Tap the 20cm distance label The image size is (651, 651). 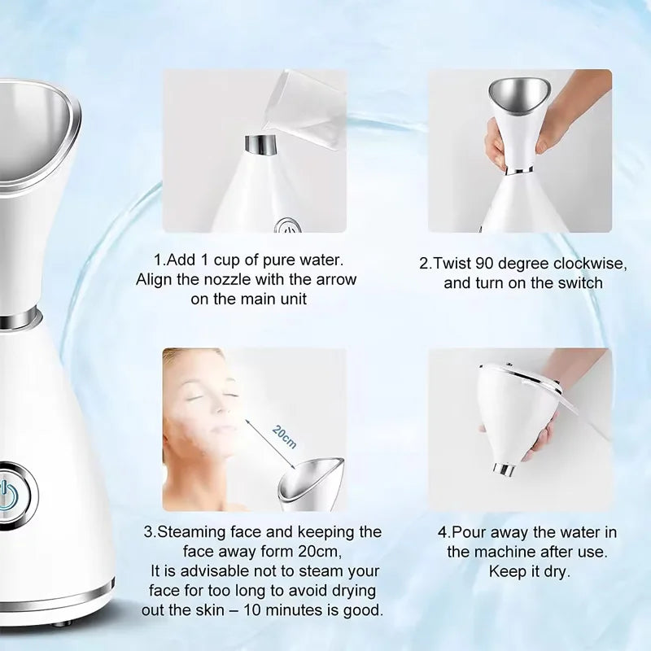click(284, 439)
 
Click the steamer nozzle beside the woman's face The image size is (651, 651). click(311, 483)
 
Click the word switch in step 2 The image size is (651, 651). click(579, 283)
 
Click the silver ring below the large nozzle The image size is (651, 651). click(18, 319)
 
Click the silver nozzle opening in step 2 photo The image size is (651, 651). click(519, 89)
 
